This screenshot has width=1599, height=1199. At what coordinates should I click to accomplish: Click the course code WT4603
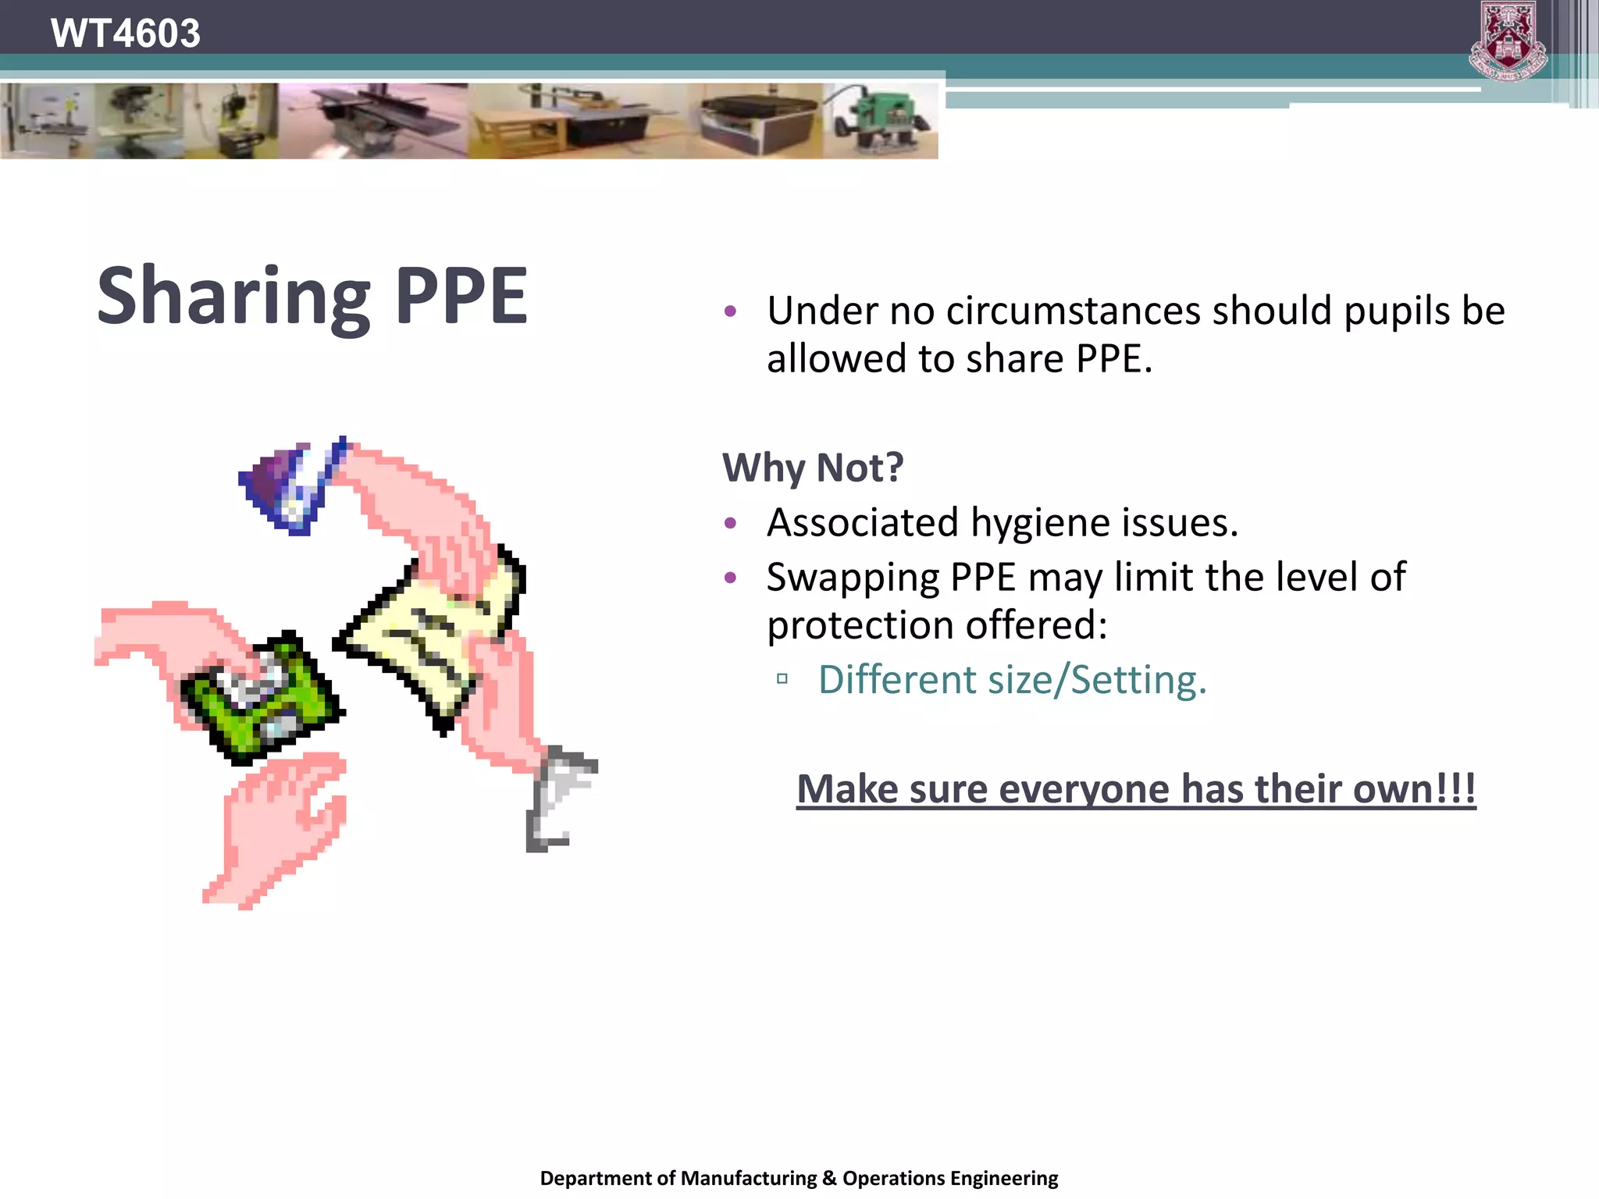pos(125,34)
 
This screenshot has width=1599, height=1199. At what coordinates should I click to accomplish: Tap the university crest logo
pos(1508,41)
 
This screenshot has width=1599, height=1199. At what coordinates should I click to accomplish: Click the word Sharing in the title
pos(233,297)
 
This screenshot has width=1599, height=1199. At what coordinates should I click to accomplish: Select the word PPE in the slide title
pos(461,296)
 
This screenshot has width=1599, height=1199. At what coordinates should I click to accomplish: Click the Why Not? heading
pos(813,468)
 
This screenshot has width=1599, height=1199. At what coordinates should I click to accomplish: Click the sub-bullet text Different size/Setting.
pos(1012,680)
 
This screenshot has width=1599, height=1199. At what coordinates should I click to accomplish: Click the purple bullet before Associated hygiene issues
pos(730,523)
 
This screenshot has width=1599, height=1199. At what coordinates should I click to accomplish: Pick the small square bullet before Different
pos(782,680)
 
